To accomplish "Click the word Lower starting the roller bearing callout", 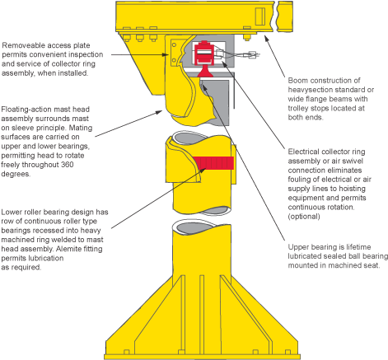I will (14, 211).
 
